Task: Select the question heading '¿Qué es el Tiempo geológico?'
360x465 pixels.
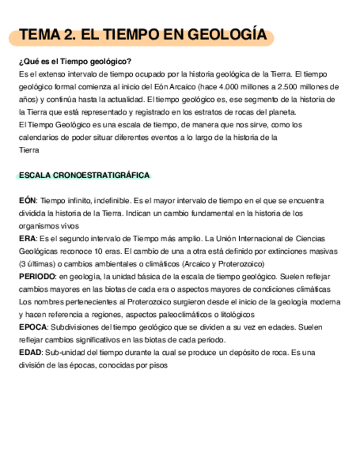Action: pyautogui.click(x=75, y=61)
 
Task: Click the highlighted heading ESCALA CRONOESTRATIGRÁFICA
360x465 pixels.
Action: pyautogui.click(x=84, y=175)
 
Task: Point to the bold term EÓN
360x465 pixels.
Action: pyautogui.click(x=27, y=201)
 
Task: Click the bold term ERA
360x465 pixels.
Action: pyautogui.click(x=27, y=239)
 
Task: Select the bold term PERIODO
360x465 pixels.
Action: pyautogui.click(x=37, y=276)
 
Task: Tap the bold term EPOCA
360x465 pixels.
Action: pyautogui.click(x=33, y=327)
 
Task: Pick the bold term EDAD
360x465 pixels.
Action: pyautogui.click(x=30, y=353)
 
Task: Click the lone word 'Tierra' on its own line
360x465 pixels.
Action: pyautogui.click(x=29, y=150)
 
